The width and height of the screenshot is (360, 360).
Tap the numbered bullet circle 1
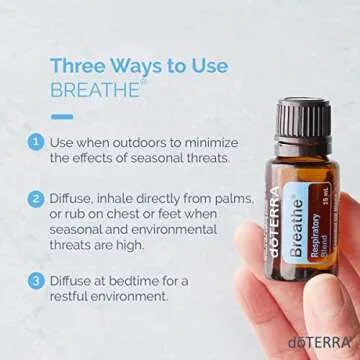point(36,140)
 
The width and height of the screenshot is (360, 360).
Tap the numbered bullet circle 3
point(36,280)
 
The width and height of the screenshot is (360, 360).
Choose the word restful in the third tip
point(75,297)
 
